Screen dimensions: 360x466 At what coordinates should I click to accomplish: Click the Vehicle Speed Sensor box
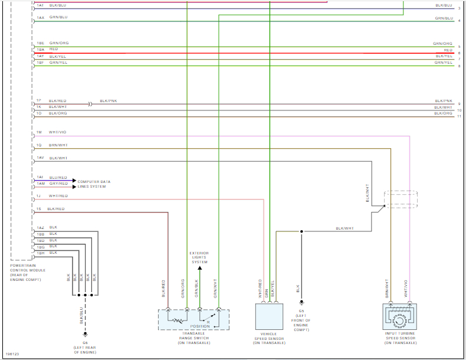coord(269,316)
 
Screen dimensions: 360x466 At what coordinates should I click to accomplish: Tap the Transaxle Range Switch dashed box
coord(193,319)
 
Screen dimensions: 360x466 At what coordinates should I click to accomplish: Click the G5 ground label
coord(301,310)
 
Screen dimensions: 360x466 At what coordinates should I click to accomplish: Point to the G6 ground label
coord(85,342)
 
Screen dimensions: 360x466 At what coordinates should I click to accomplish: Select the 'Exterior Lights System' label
coord(199,258)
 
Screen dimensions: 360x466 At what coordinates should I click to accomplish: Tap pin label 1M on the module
coord(39,132)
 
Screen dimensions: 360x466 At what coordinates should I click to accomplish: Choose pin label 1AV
coord(40,158)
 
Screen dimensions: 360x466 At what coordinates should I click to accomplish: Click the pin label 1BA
coord(40,50)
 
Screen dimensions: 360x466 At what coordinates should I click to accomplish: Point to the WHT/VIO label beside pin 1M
coord(58,132)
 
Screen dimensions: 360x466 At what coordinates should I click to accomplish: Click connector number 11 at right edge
coord(459,117)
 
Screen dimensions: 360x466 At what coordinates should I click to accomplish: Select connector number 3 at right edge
coord(459,8)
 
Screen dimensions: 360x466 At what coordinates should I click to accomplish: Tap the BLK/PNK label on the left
coord(109,101)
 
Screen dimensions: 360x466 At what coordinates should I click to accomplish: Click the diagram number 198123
coord(11,354)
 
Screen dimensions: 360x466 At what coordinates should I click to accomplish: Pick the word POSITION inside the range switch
coord(199,326)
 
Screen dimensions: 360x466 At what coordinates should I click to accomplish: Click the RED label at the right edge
coord(448,50)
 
